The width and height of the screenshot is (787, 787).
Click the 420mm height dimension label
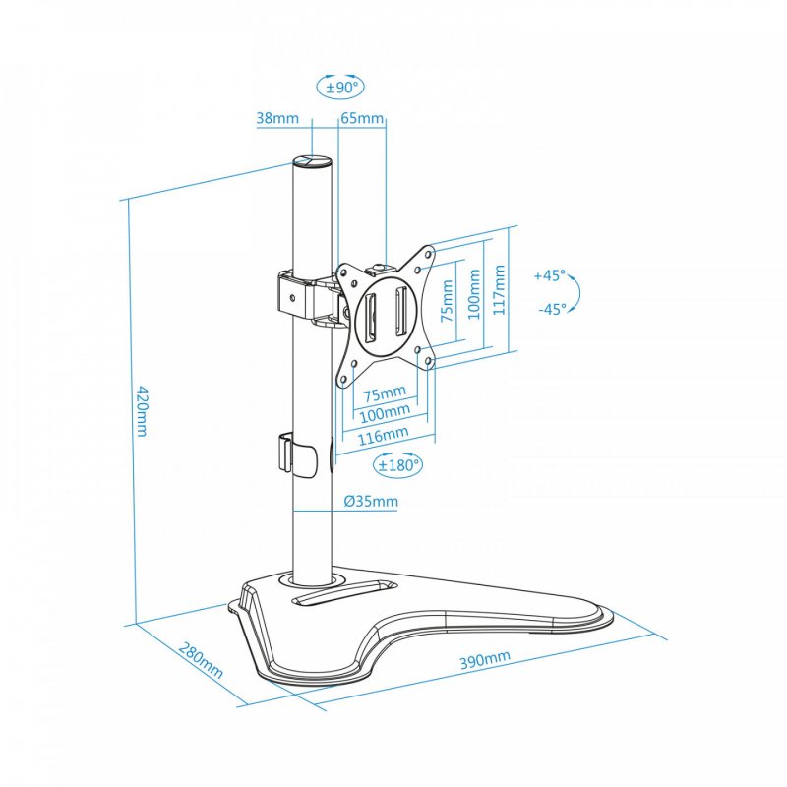coord(141,412)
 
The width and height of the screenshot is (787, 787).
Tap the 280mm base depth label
coord(201,664)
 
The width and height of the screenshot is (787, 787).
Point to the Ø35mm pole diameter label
coord(371,502)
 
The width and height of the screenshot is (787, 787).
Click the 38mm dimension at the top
coord(277,119)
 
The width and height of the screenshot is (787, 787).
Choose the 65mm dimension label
coord(362,119)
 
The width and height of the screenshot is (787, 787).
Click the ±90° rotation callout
coord(340,87)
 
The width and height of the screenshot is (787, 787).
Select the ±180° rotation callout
coord(397,463)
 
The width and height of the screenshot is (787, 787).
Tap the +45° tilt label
coord(550,276)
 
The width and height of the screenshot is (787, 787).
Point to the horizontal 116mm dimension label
coord(383,434)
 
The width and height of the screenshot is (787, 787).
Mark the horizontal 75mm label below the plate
coord(385,394)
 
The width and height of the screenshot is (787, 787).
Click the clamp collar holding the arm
coord(295,292)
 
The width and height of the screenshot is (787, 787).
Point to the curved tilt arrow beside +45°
coord(578,292)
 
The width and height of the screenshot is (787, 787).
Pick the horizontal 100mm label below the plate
coord(385,413)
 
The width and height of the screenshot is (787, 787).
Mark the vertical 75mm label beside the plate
coord(448,301)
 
